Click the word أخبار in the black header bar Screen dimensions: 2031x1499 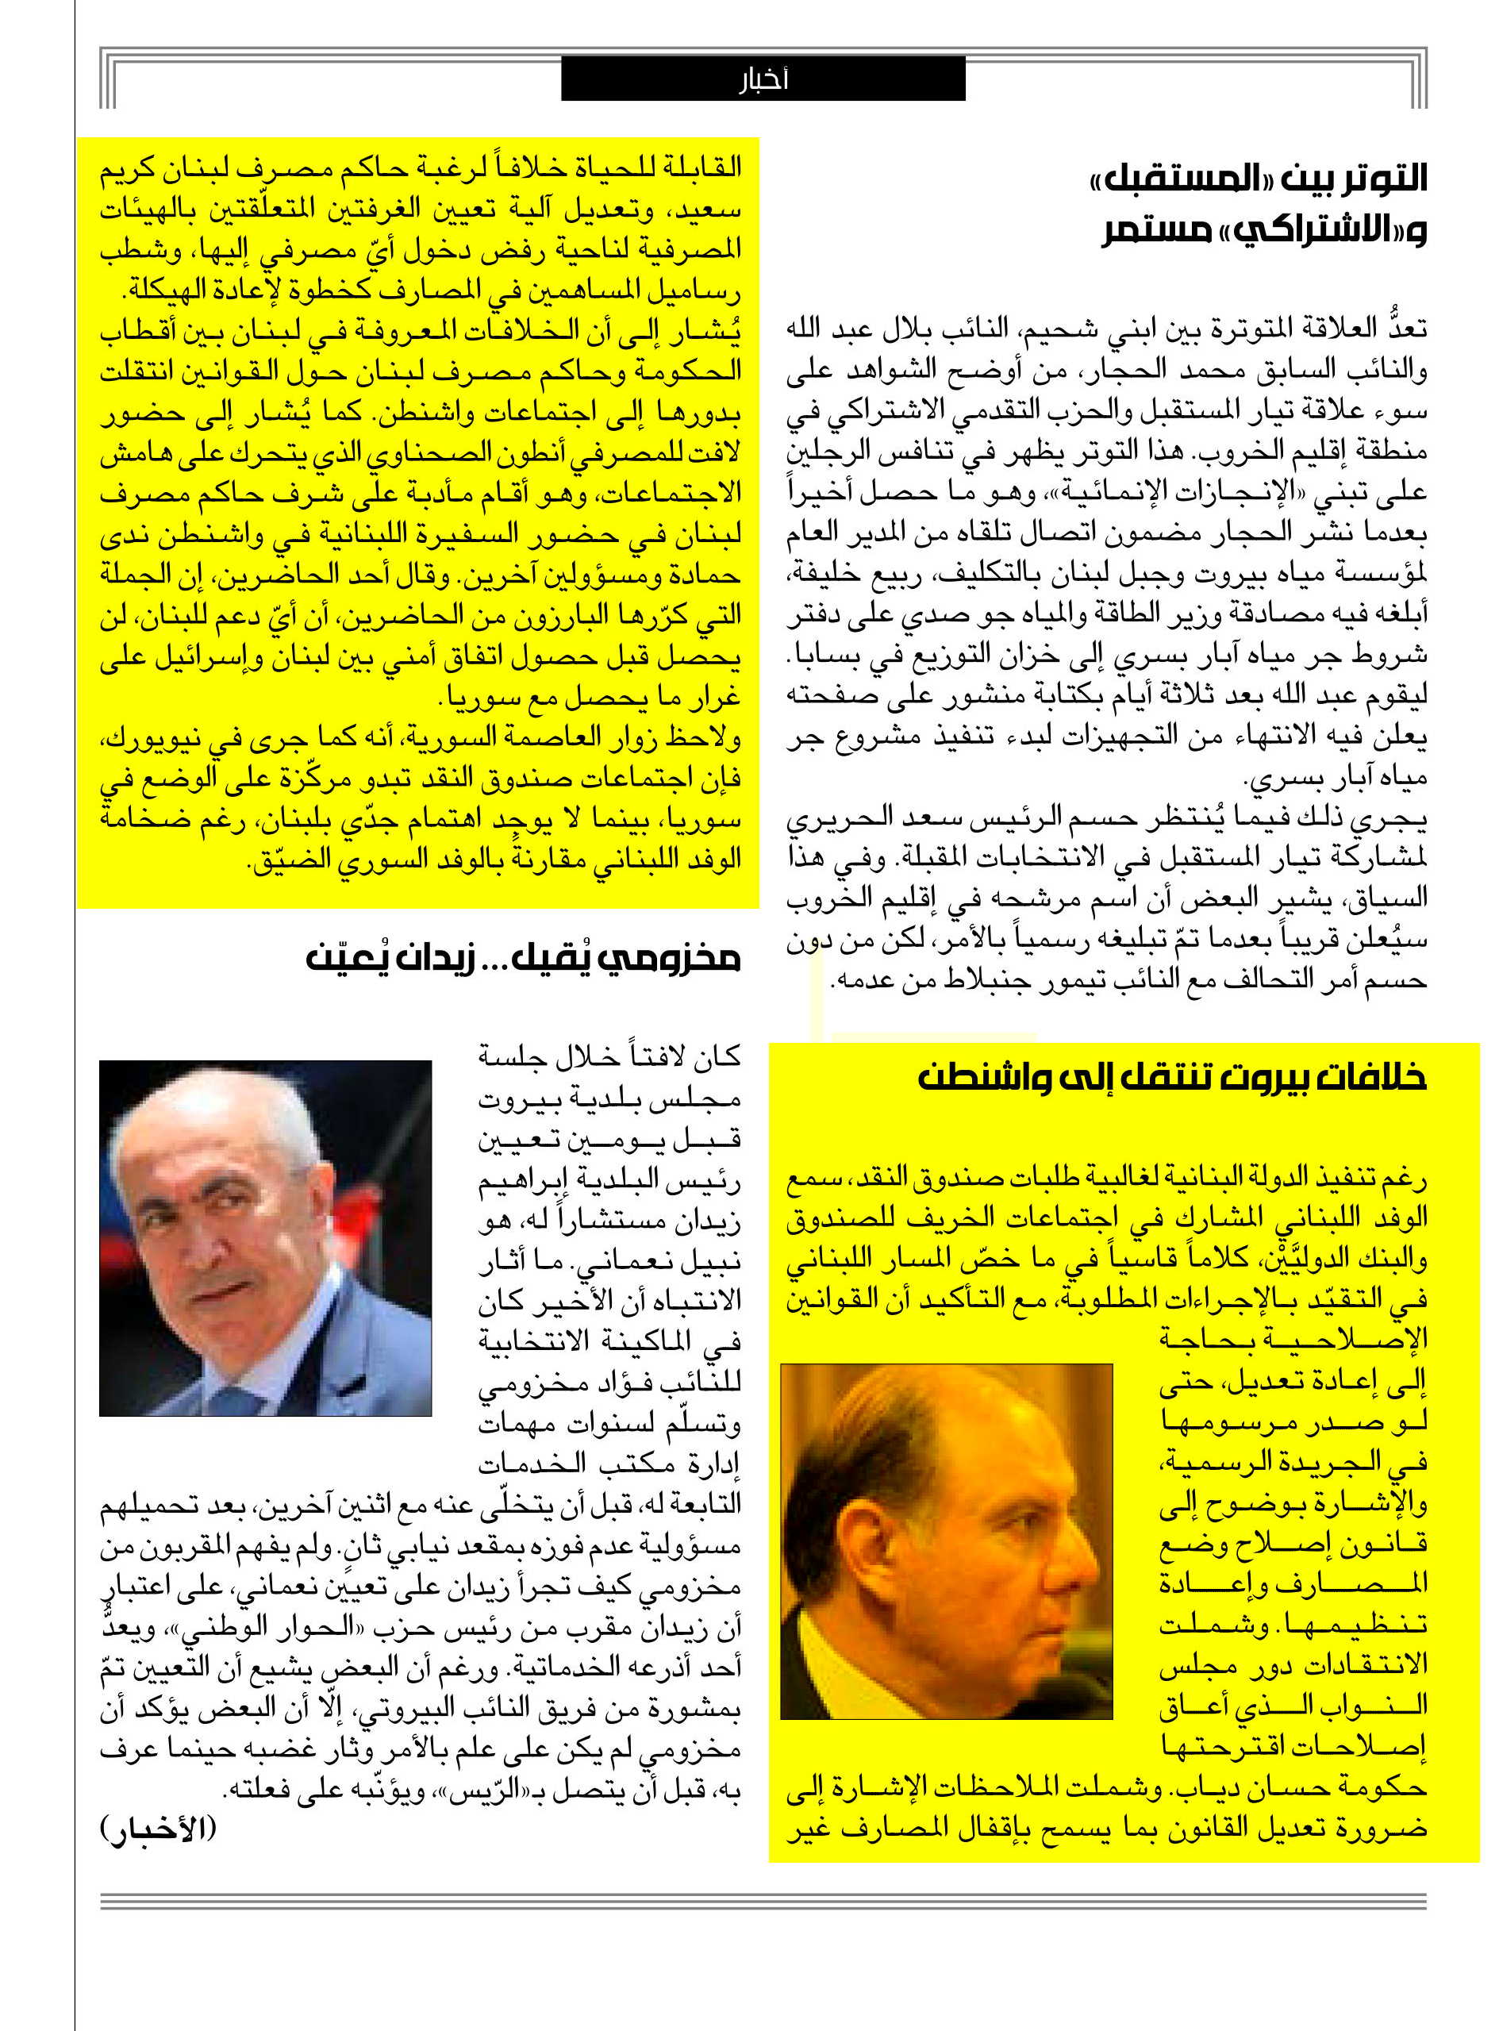[763, 80]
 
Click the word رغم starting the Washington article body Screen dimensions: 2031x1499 [1405, 1179]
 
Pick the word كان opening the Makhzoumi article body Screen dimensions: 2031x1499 [717, 1056]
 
